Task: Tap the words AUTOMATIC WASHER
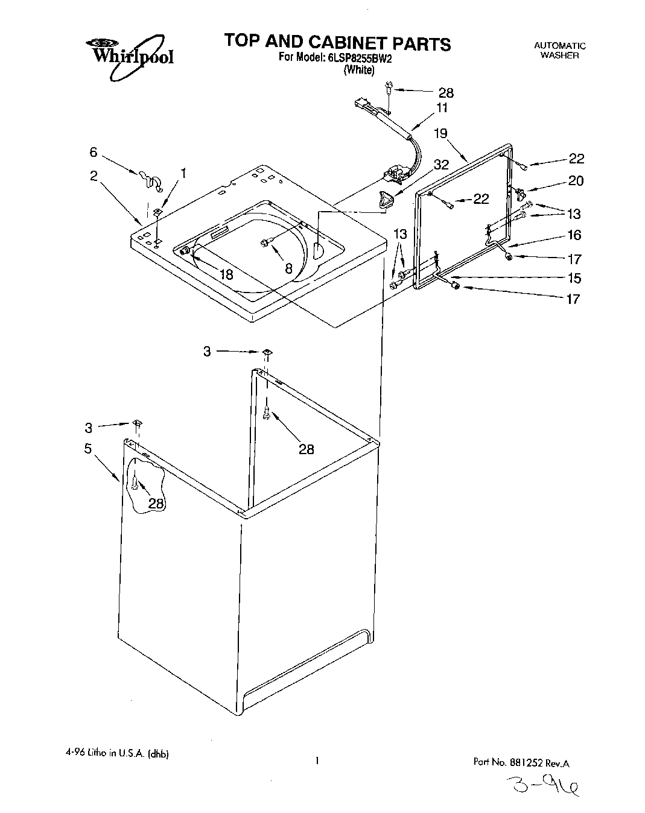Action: click(x=559, y=50)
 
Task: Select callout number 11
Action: click(x=442, y=108)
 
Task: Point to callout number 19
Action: click(x=440, y=133)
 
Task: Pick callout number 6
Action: click(x=93, y=153)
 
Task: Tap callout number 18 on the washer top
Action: click(x=226, y=275)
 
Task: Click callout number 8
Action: click(x=288, y=269)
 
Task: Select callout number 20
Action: click(x=575, y=180)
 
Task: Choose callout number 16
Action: click(x=574, y=235)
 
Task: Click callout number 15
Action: click(x=574, y=278)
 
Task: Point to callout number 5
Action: click(x=88, y=449)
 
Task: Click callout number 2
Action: click(x=94, y=176)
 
